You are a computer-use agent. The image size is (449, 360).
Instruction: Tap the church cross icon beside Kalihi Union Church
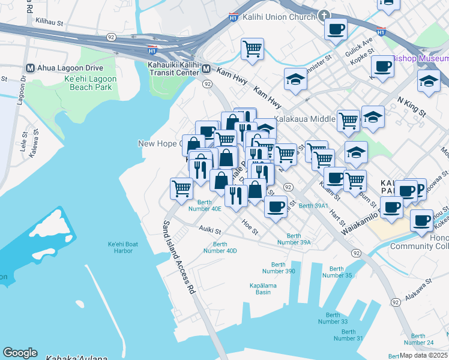coord(324,16)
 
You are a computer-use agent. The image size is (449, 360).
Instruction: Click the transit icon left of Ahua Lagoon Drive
coord(29,67)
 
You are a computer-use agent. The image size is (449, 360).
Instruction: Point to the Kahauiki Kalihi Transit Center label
coord(173,68)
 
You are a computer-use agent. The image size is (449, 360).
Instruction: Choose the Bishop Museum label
coord(420,58)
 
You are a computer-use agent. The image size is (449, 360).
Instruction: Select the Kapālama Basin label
coord(263,289)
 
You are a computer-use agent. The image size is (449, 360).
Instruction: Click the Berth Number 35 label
coord(337,272)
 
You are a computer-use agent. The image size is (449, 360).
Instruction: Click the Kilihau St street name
coord(49,21)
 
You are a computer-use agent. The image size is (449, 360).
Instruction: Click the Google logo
coord(20,352)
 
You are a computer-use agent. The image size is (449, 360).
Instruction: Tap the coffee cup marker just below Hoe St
coord(276,207)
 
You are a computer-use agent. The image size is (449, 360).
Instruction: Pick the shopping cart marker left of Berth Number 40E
coord(181,188)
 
